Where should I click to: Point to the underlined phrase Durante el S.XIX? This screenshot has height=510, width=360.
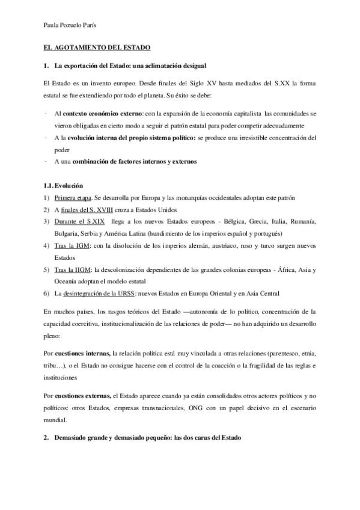tap(79, 221)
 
